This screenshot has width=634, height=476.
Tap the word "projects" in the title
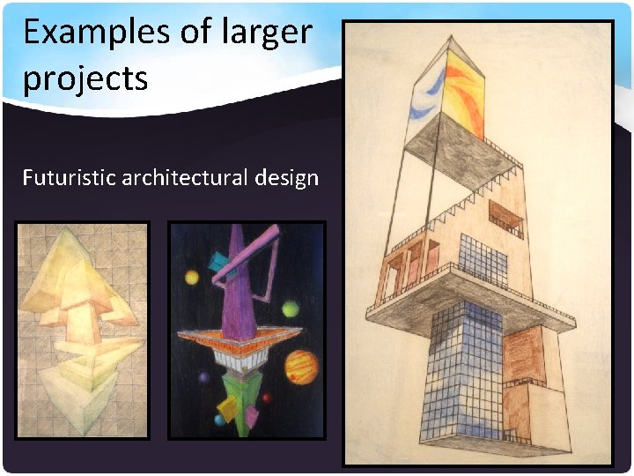pyautogui.click(x=85, y=79)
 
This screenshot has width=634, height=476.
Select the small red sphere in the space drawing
pyautogui.click(x=266, y=398)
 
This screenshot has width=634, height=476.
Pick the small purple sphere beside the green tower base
pyautogui.click(x=204, y=378)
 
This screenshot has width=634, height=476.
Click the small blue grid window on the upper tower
pyautogui.click(x=483, y=260)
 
